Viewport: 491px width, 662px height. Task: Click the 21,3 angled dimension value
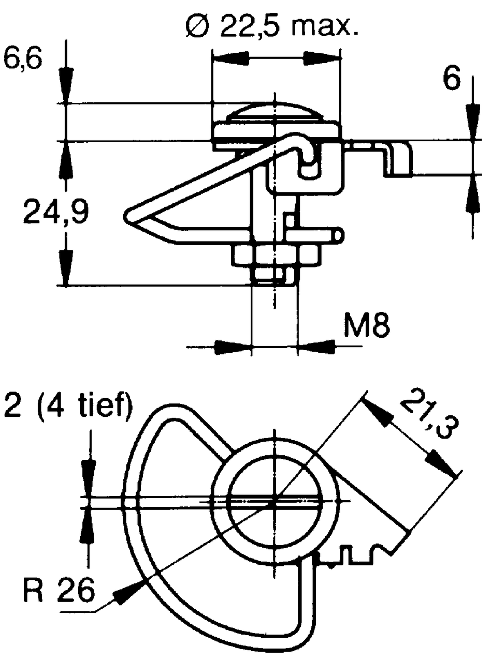[x=425, y=413]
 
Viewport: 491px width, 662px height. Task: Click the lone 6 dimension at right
[x=452, y=80]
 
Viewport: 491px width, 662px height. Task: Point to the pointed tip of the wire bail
[x=129, y=213]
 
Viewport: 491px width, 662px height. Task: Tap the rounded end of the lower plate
[x=338, y=235]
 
